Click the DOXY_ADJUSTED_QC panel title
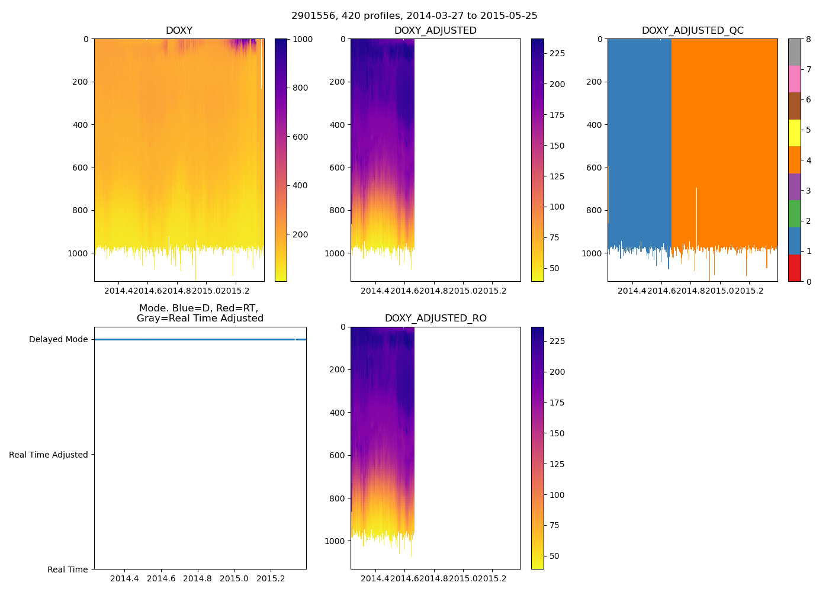(692, 31)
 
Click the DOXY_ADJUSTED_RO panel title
(435, 318)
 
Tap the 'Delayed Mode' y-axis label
(58, 340)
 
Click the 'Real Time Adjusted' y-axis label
(48, 455)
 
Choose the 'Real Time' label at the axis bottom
(68, 570)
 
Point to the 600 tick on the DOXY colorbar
(301, 137)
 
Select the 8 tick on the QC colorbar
(808, 39)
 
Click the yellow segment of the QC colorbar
(794, 133)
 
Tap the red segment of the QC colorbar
(794, 268)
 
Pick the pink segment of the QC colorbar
(794, 79)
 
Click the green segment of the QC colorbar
(794, 213)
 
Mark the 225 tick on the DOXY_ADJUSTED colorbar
(557, 53)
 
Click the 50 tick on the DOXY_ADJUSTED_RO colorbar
(554, 556)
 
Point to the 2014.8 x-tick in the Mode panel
(198, 578)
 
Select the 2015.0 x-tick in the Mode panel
(234, 578)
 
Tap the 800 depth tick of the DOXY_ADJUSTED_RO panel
(337, 498)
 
